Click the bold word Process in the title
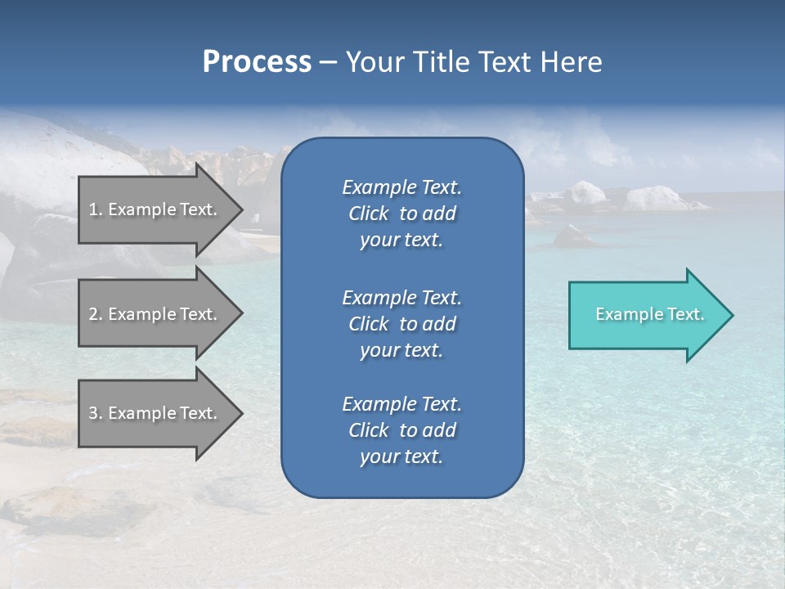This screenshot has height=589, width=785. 257,62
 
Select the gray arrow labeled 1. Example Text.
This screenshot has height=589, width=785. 155,209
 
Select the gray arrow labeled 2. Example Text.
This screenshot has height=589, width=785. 155,314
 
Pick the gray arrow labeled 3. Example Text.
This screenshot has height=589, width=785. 155,413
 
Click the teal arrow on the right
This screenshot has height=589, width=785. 646,315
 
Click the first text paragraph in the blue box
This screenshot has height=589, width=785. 401,214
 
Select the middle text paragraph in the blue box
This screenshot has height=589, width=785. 401,324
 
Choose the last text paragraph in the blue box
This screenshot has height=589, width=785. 401,430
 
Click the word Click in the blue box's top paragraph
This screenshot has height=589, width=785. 369,214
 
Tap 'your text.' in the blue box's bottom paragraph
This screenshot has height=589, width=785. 401,456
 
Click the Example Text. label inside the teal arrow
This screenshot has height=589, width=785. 650,314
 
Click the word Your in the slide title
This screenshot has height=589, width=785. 372,62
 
